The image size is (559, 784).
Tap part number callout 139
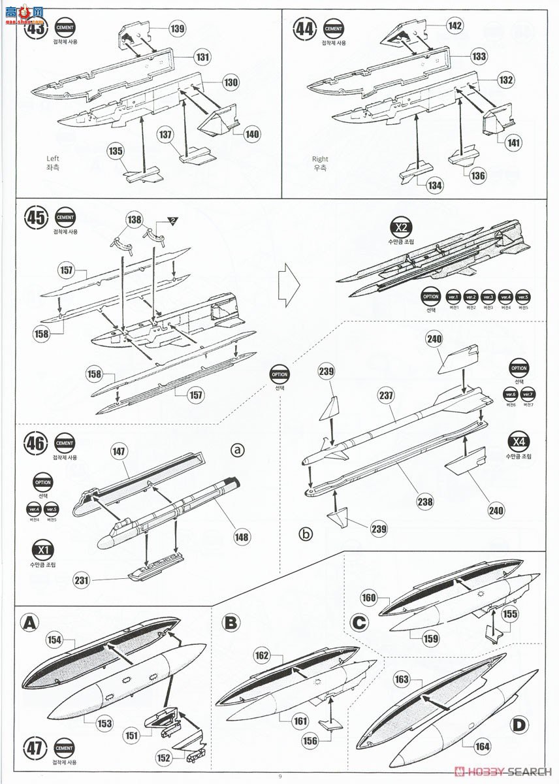177,28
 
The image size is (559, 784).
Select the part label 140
252,135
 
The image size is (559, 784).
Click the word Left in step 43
53,158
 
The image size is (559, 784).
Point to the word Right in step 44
320,159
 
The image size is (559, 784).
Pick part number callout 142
455,25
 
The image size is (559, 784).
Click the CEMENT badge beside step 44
333,29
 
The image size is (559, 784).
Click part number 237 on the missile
387,396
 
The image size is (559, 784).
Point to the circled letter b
306,534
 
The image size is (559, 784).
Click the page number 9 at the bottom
279,776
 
